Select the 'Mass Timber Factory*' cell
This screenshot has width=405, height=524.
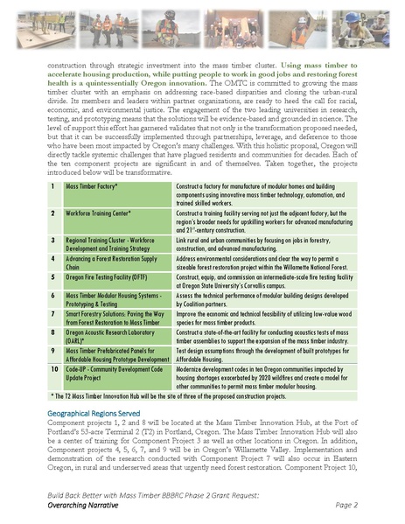pos(92,186)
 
